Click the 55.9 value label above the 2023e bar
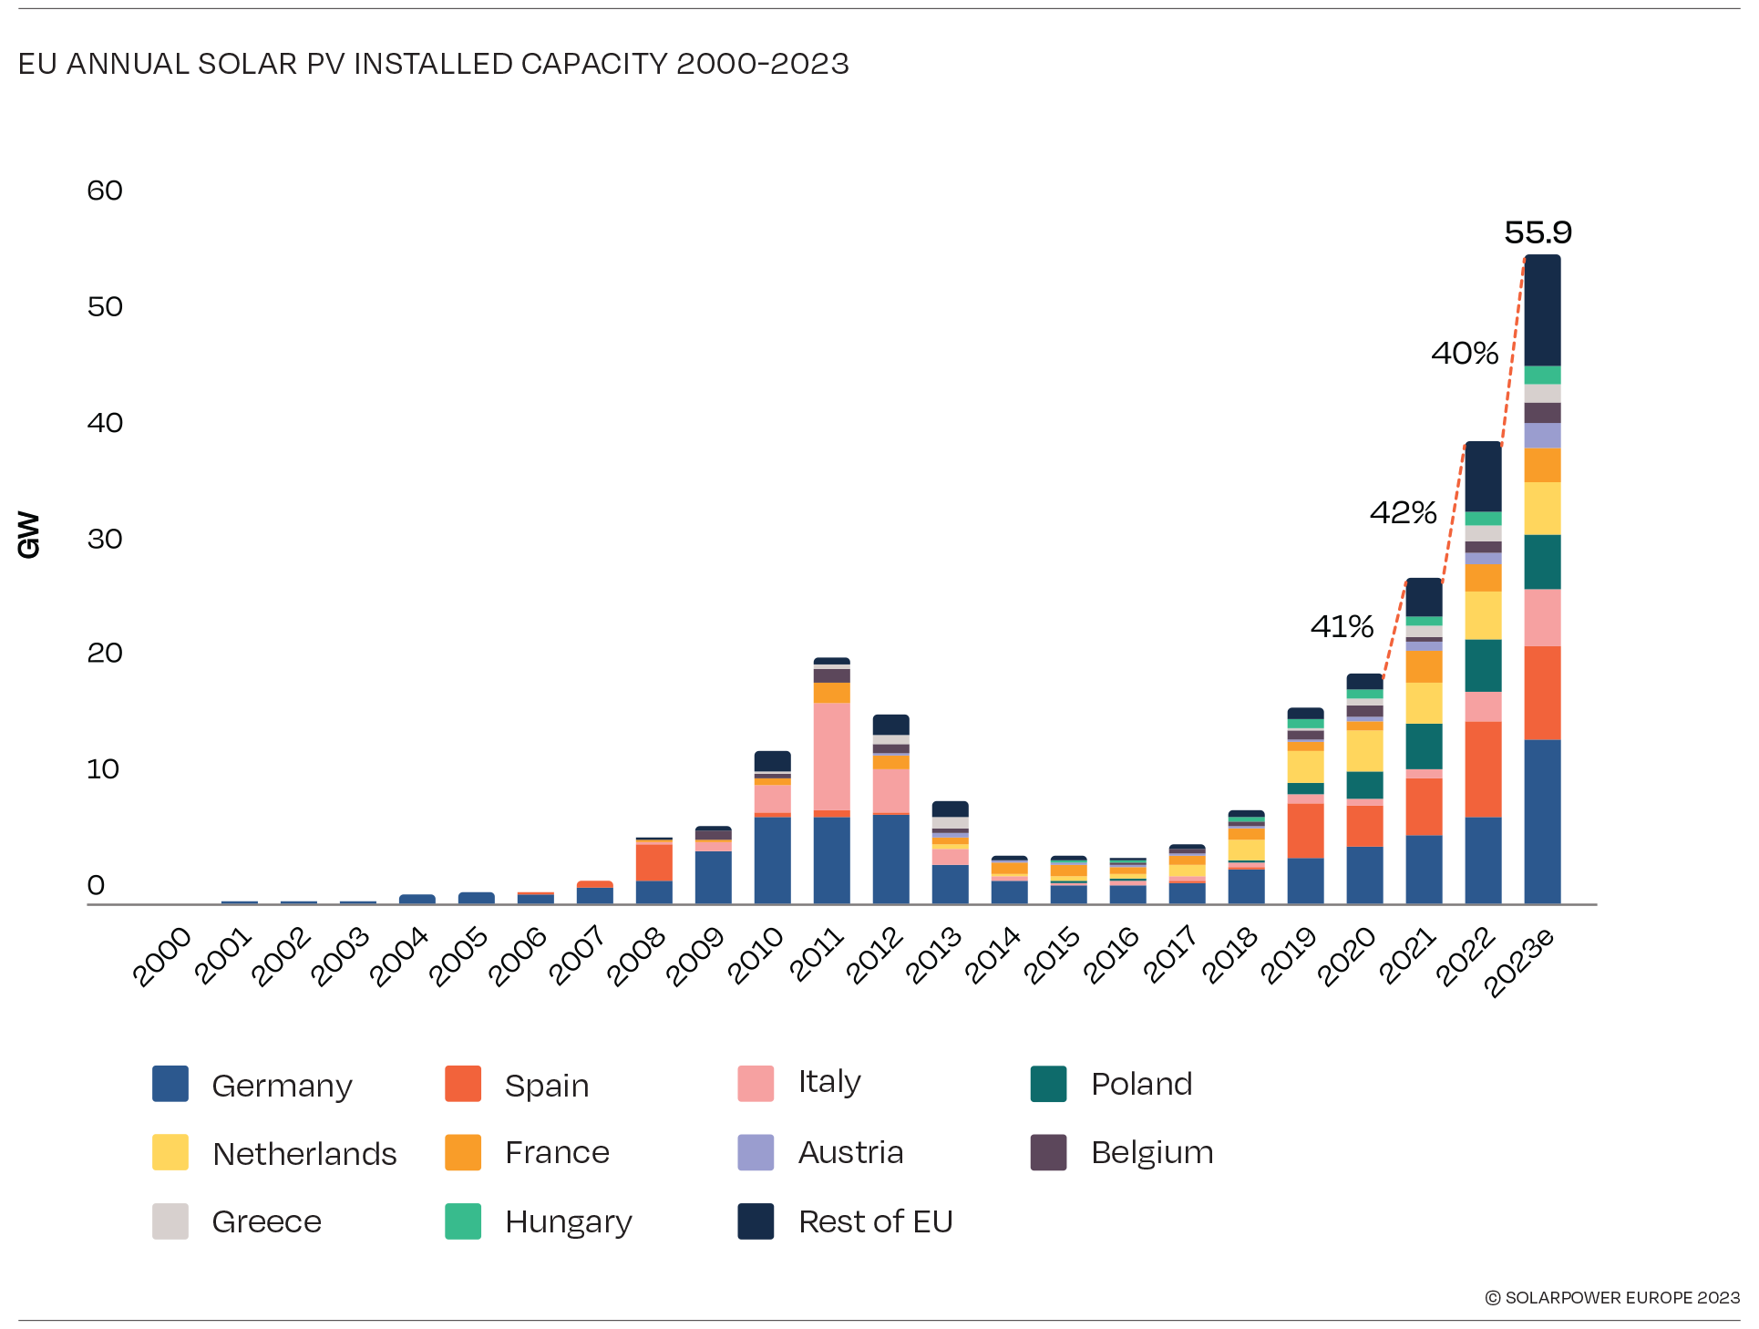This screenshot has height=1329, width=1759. [x=1538, y=232]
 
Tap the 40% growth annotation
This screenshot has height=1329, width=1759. [x=1465, y=353]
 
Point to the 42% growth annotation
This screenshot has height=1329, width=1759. [x=1403, y=512]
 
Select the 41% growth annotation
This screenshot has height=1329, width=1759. [x=1342, y=626]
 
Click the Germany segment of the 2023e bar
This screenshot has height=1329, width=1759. [x=1542, y=820]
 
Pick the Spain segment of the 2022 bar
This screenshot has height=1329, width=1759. [x=1483, y=768]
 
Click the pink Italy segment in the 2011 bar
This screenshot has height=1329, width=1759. [x=831, y=756]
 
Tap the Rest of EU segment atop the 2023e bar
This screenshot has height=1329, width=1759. [x=1542, y=310]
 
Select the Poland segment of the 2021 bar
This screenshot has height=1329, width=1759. [x=1424, y=746]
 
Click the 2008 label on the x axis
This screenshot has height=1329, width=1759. [x=636, y=956]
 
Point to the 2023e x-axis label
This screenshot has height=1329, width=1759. [x=1518, y=962]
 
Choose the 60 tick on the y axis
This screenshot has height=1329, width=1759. [x=105, y=191]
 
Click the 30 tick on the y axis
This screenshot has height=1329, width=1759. [x=105, y=539]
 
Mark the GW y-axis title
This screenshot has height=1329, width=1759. [x=29, y=534]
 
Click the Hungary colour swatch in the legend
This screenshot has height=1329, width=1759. [x=463, y=1221]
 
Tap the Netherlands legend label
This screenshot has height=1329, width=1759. [x=304, y=1154]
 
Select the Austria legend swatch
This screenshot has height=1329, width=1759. [x=756, y=1152]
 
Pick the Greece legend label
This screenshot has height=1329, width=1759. [x=266, y=1221]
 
